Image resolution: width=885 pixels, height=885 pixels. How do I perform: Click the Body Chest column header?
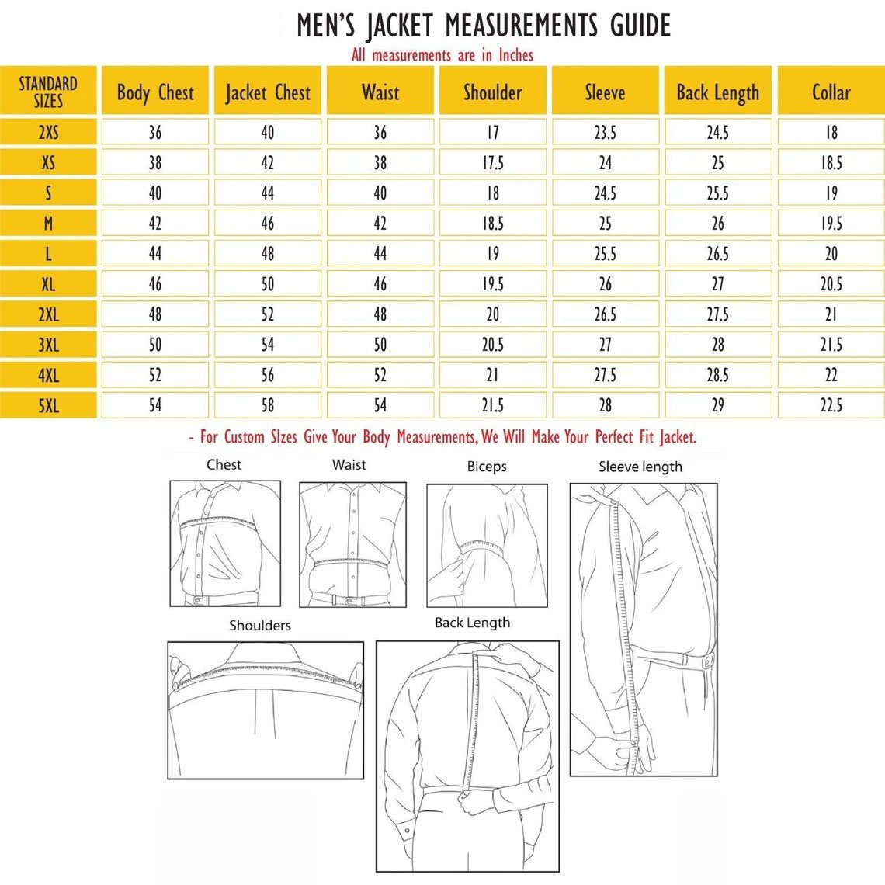tap(155, 92)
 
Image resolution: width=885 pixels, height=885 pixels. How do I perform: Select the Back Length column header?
tap(718, 92)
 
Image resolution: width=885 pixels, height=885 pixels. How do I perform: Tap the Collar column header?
tap(831, 92)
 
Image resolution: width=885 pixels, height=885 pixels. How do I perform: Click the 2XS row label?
tap(48, 132)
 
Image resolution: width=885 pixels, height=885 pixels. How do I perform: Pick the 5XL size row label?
tap(48, 405)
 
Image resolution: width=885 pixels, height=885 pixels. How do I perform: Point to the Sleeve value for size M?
tap(605, 224)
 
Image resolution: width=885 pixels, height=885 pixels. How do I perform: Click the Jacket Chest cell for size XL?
tap(268, 284)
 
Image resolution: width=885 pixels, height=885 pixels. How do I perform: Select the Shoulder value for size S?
tap(493, 193)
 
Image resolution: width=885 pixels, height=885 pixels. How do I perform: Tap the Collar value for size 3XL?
tap(831, 345)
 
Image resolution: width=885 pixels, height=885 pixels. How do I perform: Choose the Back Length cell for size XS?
tap(718, 162)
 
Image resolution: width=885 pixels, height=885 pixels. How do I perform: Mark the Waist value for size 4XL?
tap(380, 375)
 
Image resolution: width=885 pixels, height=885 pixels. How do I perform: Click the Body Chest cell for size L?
tap(155, 253)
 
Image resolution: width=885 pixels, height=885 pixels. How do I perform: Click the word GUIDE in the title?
tap(640, 26)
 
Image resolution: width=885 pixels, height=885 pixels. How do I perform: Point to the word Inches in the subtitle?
tap(516, 55)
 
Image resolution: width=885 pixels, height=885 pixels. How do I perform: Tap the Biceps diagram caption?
tap(487, 467)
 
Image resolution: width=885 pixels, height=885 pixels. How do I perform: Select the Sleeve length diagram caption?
tap(640, 467)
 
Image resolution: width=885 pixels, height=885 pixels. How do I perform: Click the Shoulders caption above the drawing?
tap(259, 626)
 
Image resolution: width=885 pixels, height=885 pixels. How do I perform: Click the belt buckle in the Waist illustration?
tap(350, 600)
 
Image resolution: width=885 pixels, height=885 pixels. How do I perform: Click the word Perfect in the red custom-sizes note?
tap(614, 437)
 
